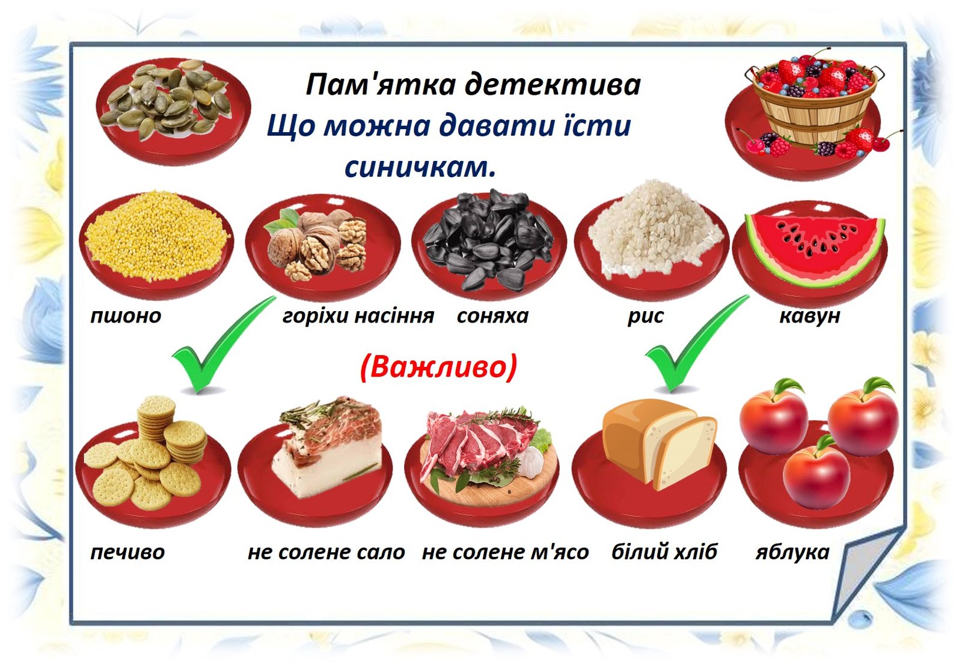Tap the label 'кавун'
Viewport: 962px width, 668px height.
tap(809, 316)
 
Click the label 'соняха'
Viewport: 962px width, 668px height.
tap(492, 316)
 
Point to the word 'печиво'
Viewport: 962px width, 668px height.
tap(127, 553)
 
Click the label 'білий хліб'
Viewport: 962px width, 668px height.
tap(664, 551)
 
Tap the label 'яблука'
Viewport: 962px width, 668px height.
tap(792, 552)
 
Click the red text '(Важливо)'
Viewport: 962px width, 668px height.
tap(438, 368)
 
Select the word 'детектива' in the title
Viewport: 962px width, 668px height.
tap(553, 85)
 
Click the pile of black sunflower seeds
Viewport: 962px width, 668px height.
tap(489, 240)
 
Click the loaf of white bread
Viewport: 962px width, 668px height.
tap(659, 445)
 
